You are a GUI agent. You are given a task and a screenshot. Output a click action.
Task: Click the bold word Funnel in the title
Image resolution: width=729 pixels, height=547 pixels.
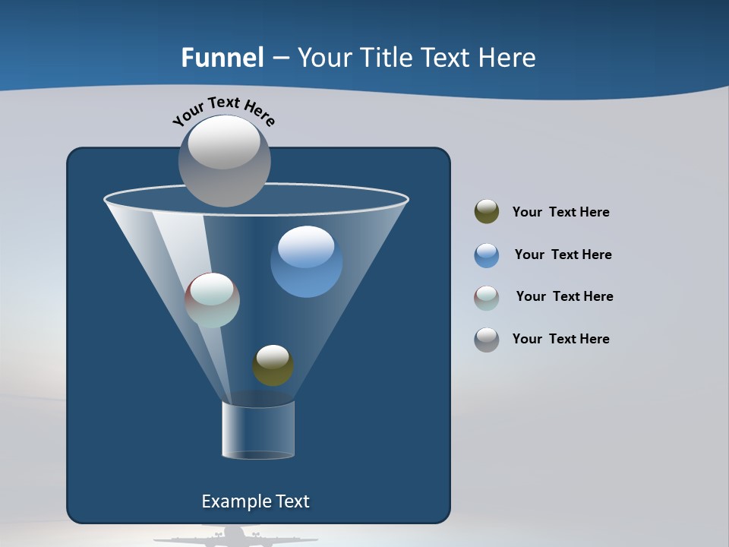point(222,58)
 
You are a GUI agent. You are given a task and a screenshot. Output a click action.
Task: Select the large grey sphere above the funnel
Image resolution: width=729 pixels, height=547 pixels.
point(224,160)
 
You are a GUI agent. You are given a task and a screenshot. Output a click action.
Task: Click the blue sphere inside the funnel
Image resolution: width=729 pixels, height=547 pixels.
point(306,261)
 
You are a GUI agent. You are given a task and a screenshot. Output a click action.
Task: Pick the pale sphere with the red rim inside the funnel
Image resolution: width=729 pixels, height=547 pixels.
point(212,300)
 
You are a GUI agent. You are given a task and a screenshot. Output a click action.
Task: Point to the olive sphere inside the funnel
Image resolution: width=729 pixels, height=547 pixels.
point(273,365)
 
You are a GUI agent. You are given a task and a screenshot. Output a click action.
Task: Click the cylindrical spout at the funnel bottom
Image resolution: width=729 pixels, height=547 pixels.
point(258,430)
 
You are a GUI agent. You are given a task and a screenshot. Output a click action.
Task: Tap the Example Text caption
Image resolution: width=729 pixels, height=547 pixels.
point(255,501)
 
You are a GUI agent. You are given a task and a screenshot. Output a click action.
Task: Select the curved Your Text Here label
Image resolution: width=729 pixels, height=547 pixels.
point(223,110)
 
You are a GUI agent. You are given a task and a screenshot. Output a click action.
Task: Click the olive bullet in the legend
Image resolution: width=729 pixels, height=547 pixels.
point(487,212)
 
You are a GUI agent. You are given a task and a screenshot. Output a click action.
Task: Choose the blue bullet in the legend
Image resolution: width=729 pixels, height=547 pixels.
point(487,255)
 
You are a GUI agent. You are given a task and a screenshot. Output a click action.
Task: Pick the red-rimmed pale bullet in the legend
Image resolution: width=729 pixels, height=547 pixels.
point(487,298)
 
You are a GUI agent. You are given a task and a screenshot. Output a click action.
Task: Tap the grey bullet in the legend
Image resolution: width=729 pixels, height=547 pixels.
point(487,340)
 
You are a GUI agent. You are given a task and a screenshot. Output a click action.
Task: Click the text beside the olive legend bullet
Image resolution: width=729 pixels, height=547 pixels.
point(560,212)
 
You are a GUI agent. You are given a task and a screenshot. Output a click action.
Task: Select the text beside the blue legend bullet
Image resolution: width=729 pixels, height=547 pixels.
point(563,255)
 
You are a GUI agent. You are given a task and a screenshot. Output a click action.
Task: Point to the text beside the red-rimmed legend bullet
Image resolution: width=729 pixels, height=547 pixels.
point(564,296)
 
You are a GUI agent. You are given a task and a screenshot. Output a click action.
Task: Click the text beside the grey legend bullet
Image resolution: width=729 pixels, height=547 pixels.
point(560,339)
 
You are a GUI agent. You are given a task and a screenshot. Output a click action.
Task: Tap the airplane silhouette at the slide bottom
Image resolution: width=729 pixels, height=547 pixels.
point(235,537)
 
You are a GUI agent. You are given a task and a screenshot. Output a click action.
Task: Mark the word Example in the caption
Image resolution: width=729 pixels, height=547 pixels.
point(233,501)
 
